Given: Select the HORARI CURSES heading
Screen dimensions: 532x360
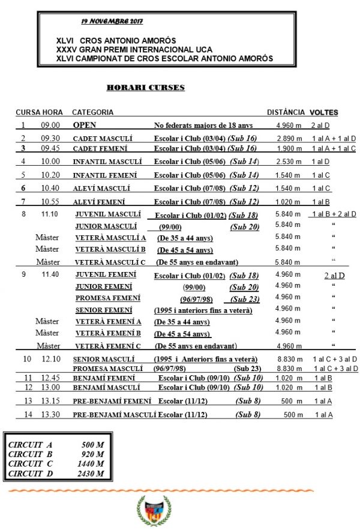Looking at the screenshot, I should coord(145,88).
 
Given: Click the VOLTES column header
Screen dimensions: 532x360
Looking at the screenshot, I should coord(323,112).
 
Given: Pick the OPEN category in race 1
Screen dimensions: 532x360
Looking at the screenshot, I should coord(85,125).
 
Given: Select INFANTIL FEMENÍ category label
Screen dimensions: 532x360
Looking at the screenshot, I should coord(104,175).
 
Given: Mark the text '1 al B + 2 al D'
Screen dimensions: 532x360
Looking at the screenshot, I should coord(334,214).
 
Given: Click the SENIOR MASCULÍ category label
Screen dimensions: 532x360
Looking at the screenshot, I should coord(103,358).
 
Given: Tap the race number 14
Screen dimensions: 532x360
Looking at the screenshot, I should coord(28,414).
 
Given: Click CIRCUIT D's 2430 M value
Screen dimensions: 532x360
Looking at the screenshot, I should coord(91,474).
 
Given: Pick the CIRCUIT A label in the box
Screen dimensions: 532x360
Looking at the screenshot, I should coord(26,445).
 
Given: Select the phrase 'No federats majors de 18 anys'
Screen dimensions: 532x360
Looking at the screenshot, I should coord(203,125).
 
